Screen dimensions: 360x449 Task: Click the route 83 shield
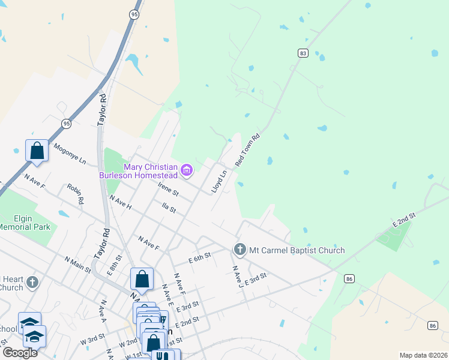[x=303, y=53]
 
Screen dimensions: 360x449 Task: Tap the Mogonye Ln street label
[x=70, y=154]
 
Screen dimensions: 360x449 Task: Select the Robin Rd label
[x=76, y=194]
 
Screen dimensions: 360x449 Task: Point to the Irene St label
[x=168, y=189]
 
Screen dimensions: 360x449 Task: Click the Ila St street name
[x=169, y=209]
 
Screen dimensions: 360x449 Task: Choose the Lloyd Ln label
[x=219, y=182]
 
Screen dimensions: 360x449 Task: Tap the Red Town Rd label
[x=247, y=150]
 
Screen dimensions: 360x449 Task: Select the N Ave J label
[x=236, y=276]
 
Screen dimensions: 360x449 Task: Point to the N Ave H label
[x=121, y=202]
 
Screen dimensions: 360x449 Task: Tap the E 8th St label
[x=115, y=265]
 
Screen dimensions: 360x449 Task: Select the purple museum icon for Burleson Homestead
[x=187, y=171]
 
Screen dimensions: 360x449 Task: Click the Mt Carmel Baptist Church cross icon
[x=240, y=249]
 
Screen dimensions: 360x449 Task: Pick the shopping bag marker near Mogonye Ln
[x=37, y=150]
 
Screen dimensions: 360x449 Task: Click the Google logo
[x=19, y=353]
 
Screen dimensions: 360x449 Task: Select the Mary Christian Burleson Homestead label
[x=150, y=171]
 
